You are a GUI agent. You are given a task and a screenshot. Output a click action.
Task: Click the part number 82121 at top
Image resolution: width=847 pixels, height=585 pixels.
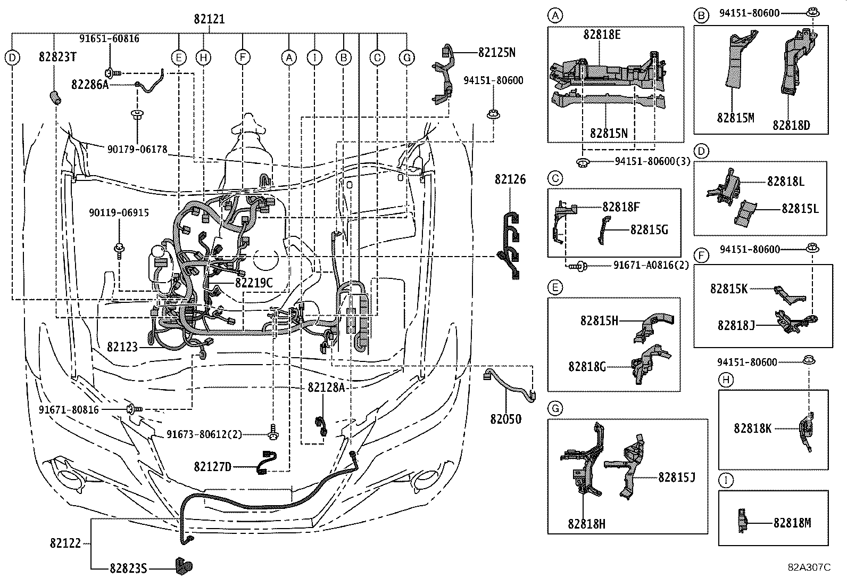(x=209, y=20)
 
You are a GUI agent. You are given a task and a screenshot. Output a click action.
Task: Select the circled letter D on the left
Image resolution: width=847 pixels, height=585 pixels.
(x=12, y=57)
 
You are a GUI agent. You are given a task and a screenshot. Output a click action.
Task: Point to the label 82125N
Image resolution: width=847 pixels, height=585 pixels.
(x=496, y=52)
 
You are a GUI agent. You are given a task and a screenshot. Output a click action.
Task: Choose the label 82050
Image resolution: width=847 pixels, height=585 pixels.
(x=505, y=419)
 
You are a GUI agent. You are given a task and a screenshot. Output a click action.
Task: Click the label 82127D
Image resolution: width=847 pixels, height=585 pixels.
(x=213, y=467)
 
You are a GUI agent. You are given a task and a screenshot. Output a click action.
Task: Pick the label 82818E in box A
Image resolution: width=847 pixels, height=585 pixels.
(x=602, y=35)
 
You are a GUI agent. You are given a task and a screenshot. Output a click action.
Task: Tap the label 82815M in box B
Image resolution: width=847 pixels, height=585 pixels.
(x=735, y=118)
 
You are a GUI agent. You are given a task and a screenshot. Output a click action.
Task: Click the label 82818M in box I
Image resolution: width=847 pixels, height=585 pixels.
(x=792, y=523)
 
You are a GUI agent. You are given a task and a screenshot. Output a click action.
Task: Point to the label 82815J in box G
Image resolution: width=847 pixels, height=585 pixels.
(x=677, y=477)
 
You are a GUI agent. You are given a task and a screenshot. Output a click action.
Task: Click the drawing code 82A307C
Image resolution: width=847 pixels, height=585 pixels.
(x=809, y=567)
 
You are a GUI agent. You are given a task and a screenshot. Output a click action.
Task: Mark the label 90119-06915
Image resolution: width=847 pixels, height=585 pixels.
(x=119, y=213)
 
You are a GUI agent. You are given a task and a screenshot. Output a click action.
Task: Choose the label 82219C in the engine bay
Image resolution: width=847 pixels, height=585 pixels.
(x=254, y=283)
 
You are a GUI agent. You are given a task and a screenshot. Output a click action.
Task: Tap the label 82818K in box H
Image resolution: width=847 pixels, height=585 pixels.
(x=752, y=427)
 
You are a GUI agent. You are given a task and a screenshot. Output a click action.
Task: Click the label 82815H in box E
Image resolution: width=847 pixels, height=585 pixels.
(x=599, y=320)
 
